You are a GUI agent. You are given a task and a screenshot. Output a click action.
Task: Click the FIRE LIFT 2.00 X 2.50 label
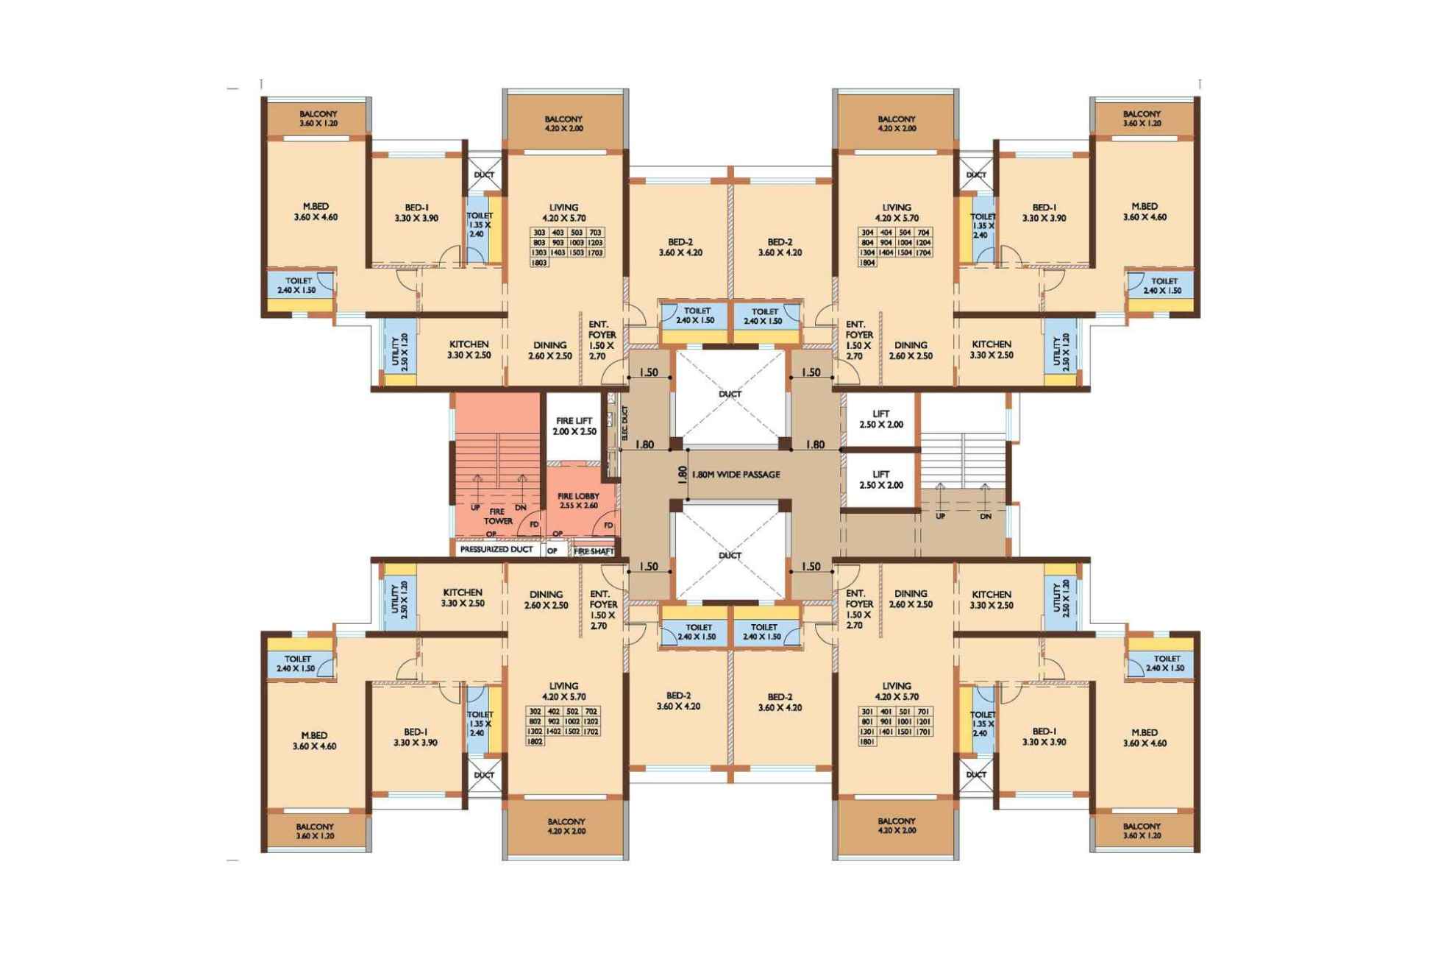(574, 426)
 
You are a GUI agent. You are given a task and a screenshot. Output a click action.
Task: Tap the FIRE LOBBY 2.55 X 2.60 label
(577, 500)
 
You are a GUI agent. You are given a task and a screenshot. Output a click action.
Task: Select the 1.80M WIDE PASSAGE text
(736, 475)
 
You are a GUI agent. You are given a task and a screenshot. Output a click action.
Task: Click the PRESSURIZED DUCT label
(496, 550)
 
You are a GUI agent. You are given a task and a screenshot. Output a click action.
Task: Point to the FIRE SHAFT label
(594, 551)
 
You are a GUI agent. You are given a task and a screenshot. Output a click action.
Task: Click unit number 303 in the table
(538, 233)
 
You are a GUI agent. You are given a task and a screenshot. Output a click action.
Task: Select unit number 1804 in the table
(867, 263)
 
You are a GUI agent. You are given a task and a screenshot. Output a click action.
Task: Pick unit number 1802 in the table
(535, 742)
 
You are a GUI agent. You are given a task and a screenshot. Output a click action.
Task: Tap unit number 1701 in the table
(924, 732)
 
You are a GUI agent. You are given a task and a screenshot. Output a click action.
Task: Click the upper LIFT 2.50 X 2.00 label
(880, 419)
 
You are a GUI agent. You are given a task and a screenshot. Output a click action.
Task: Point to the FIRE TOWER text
(498, 516)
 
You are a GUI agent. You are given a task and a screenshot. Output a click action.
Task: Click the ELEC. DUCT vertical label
(624, 424)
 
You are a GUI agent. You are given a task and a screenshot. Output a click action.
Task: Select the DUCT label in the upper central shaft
(730, 394)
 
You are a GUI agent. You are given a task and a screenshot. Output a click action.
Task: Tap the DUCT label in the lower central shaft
(730, 556)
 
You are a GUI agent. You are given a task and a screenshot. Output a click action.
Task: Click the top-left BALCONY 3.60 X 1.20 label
(318, 118)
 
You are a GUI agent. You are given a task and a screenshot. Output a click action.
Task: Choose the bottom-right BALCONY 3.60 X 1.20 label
(1142, 831)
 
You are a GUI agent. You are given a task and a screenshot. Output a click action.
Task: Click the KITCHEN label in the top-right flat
(991, 349)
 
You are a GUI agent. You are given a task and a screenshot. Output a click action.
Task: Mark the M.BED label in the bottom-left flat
(314, 740)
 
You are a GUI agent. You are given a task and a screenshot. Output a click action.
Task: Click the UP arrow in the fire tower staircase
(477, 486)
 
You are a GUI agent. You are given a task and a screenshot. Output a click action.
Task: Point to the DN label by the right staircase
(986, 517)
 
